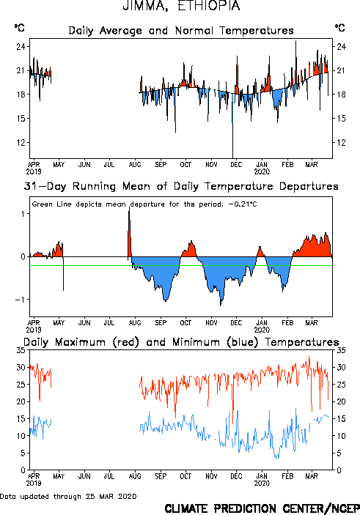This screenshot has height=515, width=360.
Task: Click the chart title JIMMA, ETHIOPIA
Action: click(x=181, y=6)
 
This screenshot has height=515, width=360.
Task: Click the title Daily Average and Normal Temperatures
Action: click(x=181, y=31)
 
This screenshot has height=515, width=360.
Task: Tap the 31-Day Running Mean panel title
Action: click(x=181, y=186)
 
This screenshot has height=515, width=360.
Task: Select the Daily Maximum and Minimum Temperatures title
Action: click(x=181, y=342)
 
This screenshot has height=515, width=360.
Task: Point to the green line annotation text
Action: click(x=144, y=204)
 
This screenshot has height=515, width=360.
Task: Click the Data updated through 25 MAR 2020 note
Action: click(x=68, y=496)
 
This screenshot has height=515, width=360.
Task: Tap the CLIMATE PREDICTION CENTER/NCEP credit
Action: click(x=262, y=508)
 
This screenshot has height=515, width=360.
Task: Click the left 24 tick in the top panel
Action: click(x=21, y=46)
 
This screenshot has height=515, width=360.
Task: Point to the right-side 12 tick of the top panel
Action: click(x=342, y=143)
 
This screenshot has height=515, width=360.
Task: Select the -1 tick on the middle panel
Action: click(x=21, y=300)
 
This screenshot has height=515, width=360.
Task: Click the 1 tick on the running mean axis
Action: click(x=23, y=214)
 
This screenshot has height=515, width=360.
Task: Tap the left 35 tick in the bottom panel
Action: click(x=21, y=350)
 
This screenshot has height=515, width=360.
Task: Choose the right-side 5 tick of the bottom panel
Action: click(x=339, y=453)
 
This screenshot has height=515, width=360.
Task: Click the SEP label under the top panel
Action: click(x=161, y=165)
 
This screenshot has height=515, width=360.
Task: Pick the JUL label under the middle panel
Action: click(x=109, y=323)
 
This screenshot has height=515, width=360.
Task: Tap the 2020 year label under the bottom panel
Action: click(x=262, y=483)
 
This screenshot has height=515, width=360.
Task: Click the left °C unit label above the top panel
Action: click(x=19, y=28)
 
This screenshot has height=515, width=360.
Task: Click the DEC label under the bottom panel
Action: click(x=236, y=476)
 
